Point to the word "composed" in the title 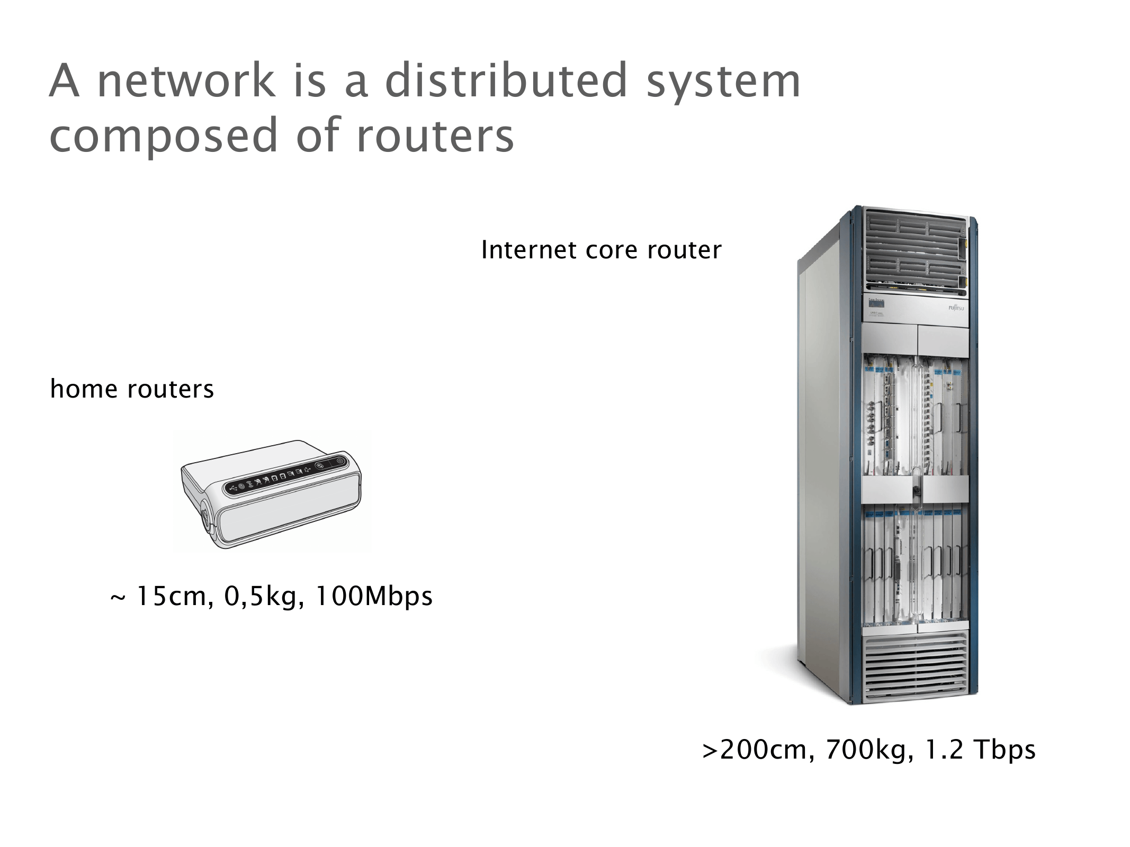tap(163, 137)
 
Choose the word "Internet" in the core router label tap(529, 250)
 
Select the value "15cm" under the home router tap(171, 597)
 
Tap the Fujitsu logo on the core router tap(956, 308)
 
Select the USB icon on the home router tap(234, 488)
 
